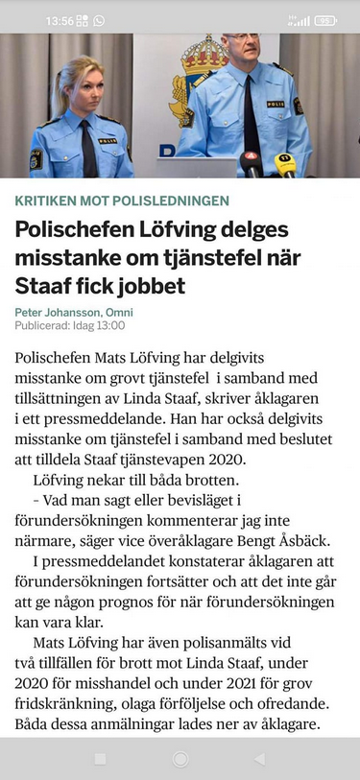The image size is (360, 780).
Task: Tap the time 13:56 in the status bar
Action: (x=59, y=20)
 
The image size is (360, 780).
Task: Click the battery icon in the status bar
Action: (x=325, y=20)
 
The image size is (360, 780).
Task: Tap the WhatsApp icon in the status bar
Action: (x=99, y=20)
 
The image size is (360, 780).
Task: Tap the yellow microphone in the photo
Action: (x=285, y=161)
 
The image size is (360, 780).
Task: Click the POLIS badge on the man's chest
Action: (x=276, y=104)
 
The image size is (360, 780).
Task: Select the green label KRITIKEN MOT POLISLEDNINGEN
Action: (x=122, y=201)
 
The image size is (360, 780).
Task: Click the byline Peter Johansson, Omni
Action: (x=74, y=313)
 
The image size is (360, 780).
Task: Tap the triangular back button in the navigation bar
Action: (x=259, y=759)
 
